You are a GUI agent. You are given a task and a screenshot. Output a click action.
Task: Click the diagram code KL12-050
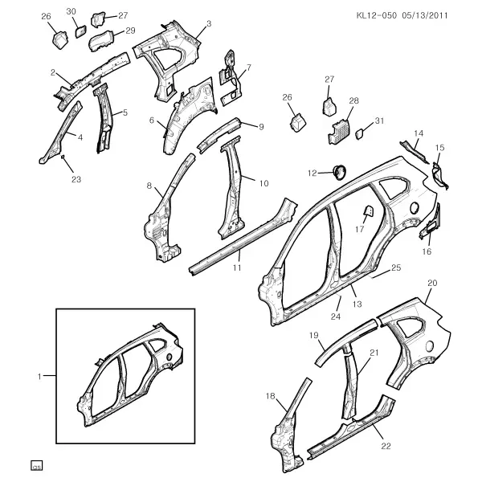pyautogui.click(x=377, y=15)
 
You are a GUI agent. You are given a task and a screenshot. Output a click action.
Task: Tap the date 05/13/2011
pyautogui.click(x=425, y=15)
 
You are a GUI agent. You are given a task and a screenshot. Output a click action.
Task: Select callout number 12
pyautogui.click(x=312, y=173)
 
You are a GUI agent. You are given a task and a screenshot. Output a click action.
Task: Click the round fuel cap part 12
pyautogui.click(x=339, y=172)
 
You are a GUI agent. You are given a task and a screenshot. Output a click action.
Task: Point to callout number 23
pyautogui.click(x=76, y=179)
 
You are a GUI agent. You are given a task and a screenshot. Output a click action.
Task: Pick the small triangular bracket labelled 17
pyautogui.click(x=368, y=211)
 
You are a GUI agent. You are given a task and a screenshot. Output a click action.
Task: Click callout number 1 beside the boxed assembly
pyautogui.click(x=39, y=376)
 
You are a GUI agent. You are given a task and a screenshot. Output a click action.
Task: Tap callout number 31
pyautogui.click(x=380, y=120)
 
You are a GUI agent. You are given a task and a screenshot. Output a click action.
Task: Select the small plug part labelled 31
pyautogui.click(x=360, y=134)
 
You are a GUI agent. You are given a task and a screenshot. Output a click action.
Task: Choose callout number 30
pyautogui.click(x=71, y=12)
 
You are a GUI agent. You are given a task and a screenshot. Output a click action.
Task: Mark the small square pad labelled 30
pyautogui.click(x=81, y=31)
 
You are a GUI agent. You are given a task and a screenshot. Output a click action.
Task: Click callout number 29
pyautogui.click(x=130, y=31)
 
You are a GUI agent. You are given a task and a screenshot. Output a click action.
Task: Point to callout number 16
pyautogui.click(x=427, y=251)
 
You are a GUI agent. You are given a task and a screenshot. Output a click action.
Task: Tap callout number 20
pyautogui.click(x=432, y=283)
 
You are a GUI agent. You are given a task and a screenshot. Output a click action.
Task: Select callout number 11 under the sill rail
pyautogui.click(x=237, y=268)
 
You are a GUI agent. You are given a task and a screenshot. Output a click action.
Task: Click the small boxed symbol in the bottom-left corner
pyautogui.click(x=37, y=466)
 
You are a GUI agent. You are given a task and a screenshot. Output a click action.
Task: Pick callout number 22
pyautogui.click(x=386, y=446)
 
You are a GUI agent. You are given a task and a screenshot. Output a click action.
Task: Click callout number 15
pyautogui.click(x=440, y=148)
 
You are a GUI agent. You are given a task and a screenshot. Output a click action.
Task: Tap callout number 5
pyautogui.click(x=125, y=112)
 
